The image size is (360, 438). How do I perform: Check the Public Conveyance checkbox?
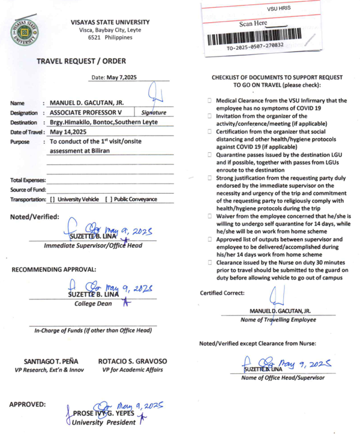tap(107, 199)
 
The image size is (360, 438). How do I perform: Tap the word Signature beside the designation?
tap(154, 112)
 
